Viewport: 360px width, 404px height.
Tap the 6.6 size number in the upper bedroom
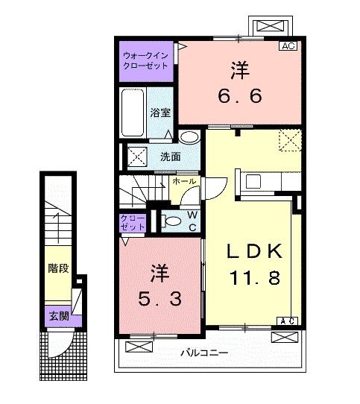(239, 95)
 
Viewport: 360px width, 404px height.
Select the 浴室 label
(160, 113)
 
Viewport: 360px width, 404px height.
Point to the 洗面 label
(170, 157)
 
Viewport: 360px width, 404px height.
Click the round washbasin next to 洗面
(189, 137)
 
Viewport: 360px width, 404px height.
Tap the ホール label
(184, 182)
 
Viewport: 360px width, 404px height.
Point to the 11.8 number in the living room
(253, 280)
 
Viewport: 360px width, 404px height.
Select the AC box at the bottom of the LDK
(288, 321)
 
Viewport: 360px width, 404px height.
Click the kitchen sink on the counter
(251, 181)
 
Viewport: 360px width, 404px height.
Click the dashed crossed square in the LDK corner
(288, 140)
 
